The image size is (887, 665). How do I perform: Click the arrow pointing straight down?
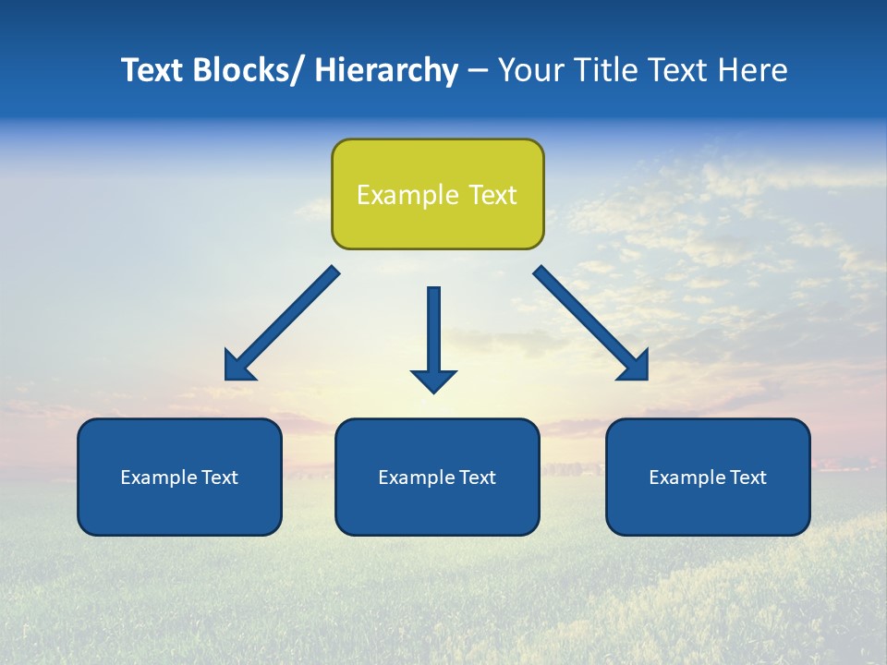point(434,337)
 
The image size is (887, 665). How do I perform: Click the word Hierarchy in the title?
point(386,70)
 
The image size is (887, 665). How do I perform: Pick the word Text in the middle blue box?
point(478,478)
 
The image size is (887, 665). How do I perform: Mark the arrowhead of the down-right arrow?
point(636,368)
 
